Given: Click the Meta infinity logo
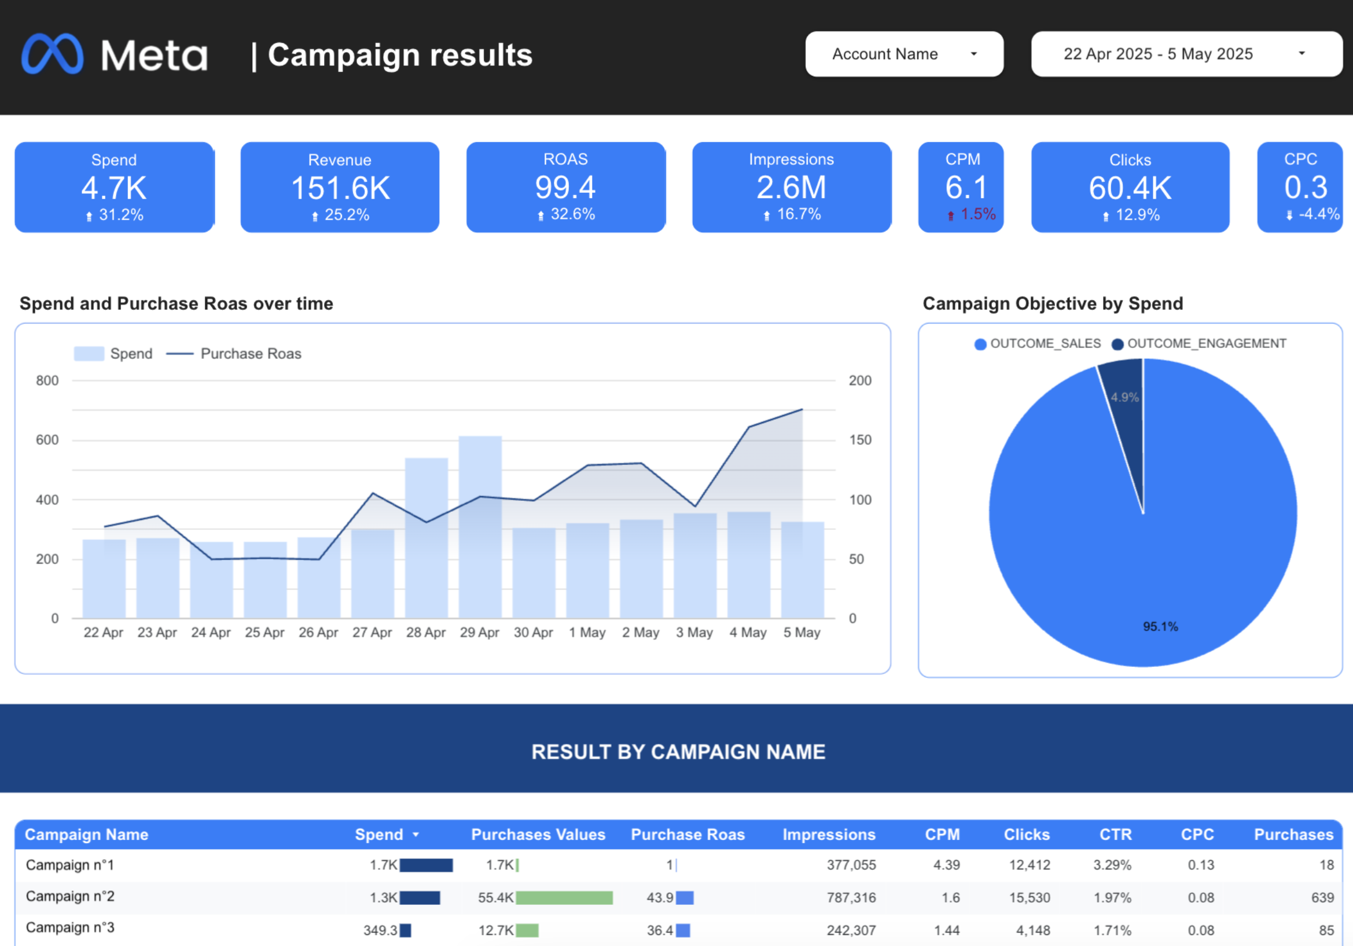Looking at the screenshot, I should pyautogui.click(x=53, y=54).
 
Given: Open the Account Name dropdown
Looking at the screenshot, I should pyautogui.click(x=903, y=54).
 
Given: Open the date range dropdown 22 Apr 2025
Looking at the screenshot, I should pyautogui.click(x=1186, y=54).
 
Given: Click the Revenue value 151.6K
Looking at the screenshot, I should pyautogui.click(x=340, y=188).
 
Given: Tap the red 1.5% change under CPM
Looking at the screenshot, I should pyautogui.click(x=977, y=215).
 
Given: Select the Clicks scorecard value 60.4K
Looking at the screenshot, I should pyautogui.click(x=1130, y=188).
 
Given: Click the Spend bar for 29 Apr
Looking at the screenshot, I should pyautogui.click(x=480, y=530).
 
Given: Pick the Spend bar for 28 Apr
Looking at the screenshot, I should pyautogui.click(x=426, y=542).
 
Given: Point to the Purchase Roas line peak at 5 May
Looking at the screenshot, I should pyautogui.click(x=801, y=410).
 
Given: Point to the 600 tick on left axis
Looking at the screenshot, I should pyautogui.click(x=47, y=440).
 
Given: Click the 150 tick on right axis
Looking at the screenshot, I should pyautogui.click(x=860, y=440).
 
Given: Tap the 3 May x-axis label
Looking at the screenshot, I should pyautogui.click(x=694, y=632).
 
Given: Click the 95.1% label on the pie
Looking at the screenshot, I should pyautogui.click(x=1160, y=626).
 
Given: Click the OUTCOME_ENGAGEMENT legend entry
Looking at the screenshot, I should pyautogui.click(x=1205, y=344).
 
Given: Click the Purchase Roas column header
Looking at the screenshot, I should pyautogui.click(x=687, y=835).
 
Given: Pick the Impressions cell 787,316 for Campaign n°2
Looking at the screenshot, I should pyautogui.click(x=851, y=898).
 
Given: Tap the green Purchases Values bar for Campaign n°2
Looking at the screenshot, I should pyautogui.click(x=564, y=898).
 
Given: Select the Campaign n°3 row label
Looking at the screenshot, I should pyautogui.click(x=70, y=927).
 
